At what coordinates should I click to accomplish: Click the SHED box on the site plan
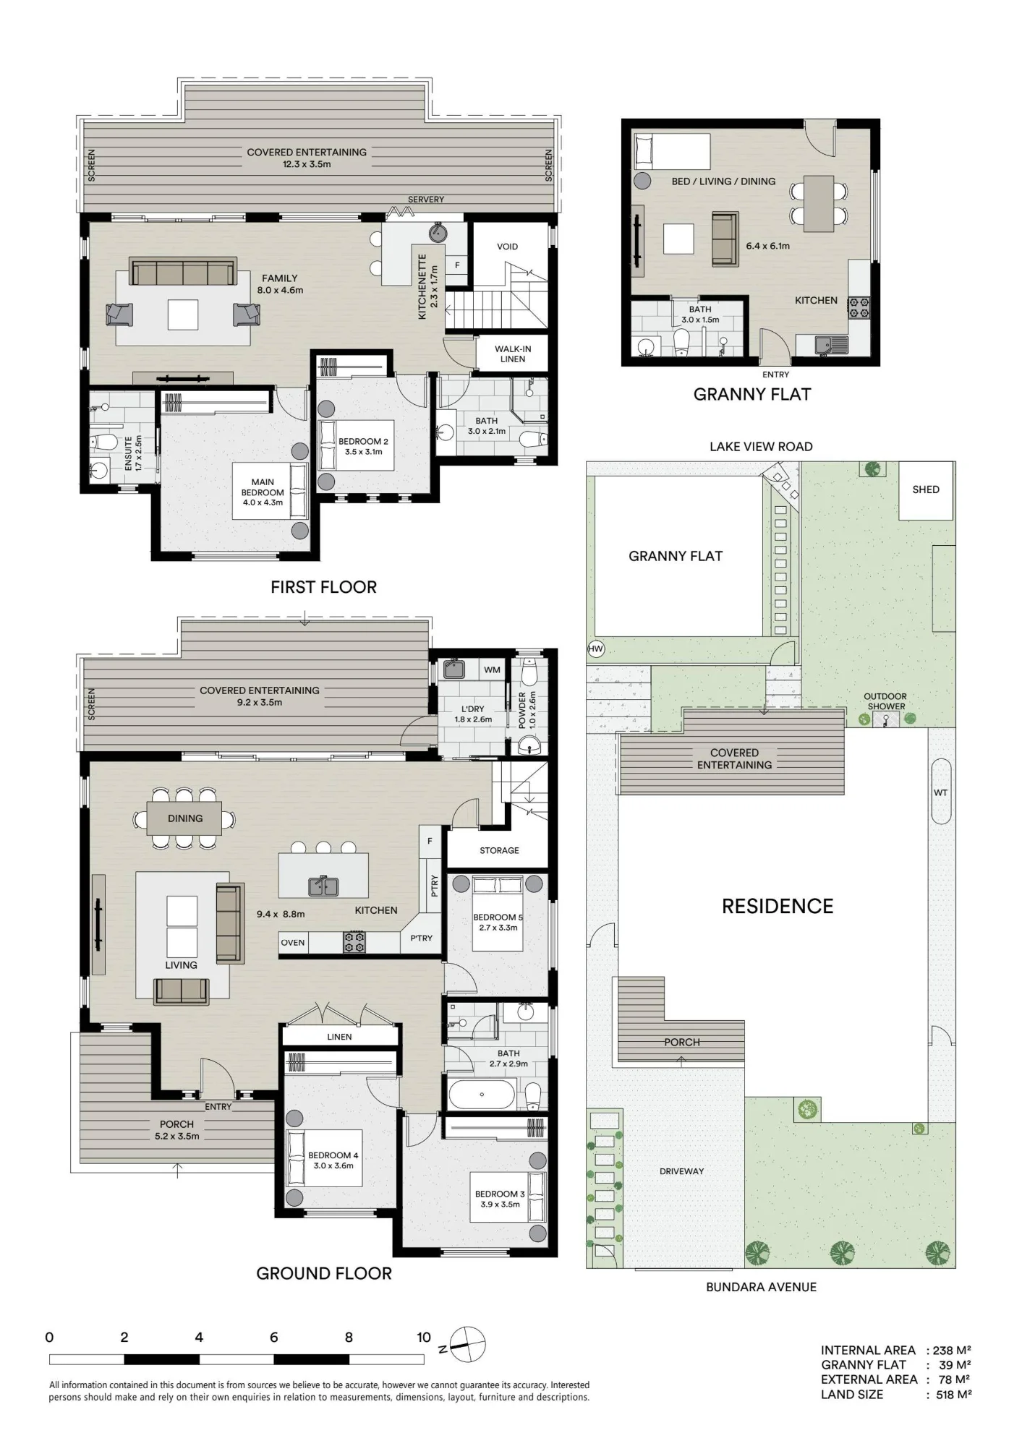tap(925, 490)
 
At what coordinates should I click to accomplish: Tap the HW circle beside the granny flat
tap(595, 649)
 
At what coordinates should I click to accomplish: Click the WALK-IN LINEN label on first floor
tap(512, 354)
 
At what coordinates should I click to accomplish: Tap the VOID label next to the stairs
tap(507, 247)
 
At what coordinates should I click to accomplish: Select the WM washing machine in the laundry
tap(492, 669)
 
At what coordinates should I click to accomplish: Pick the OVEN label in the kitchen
tap(293, 943)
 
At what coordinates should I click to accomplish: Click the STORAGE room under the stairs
tap(499, 850)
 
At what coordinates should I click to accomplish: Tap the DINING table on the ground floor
tap(184, 818)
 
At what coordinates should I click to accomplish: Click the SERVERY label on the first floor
tap(426, 200)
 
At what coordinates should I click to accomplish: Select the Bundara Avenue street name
tap(761, 1287)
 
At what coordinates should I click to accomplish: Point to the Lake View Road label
tap(761, 447)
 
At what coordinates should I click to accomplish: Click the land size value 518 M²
tap(953, 1395)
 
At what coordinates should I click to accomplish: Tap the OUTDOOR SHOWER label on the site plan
tap(885, 701)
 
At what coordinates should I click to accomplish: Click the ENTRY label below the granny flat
tap(775, 375)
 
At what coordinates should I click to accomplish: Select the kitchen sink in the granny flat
tap(831, 346)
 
